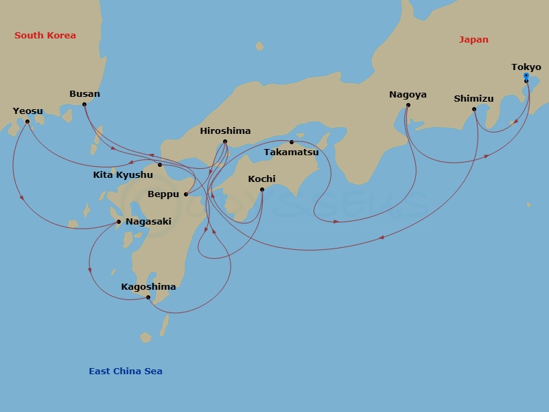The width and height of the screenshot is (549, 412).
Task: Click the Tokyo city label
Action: [x=526, y=67]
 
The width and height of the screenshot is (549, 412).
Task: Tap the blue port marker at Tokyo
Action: [x=526, y=76]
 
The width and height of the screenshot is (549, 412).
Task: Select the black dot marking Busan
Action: [x=84, y=104]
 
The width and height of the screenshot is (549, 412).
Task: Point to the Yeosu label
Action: [x=27, y=111]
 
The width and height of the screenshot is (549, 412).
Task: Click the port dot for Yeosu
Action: [x=27, y=122]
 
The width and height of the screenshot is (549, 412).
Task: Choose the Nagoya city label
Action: [x=408, y=95]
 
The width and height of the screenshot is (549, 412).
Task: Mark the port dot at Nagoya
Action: [x=408, y=106]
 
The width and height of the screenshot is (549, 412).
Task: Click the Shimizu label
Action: [x=474, y=99]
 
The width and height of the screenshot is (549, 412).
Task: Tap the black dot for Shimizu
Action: [x=474, y=109]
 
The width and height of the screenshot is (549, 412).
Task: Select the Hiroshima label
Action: [x=225, y=130]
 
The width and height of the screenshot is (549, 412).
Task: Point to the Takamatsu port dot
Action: [x=291, y=142]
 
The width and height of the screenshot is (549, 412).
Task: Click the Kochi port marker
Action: [x=261, y=190]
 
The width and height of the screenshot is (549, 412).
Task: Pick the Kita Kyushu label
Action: [x=123, y=175]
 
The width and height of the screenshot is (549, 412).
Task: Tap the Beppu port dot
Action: [x=186, y=194]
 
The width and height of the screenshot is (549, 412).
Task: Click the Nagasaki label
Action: [x=148, y=222]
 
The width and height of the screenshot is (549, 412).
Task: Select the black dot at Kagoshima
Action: [x=148, y=297]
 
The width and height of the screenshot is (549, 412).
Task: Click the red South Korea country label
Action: [x=45, y=36]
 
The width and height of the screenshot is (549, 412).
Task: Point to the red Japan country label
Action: [x=474, y=40]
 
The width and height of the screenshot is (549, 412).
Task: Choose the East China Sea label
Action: [x=126, y=371]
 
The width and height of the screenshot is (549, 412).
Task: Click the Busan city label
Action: [x=84, y=94]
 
